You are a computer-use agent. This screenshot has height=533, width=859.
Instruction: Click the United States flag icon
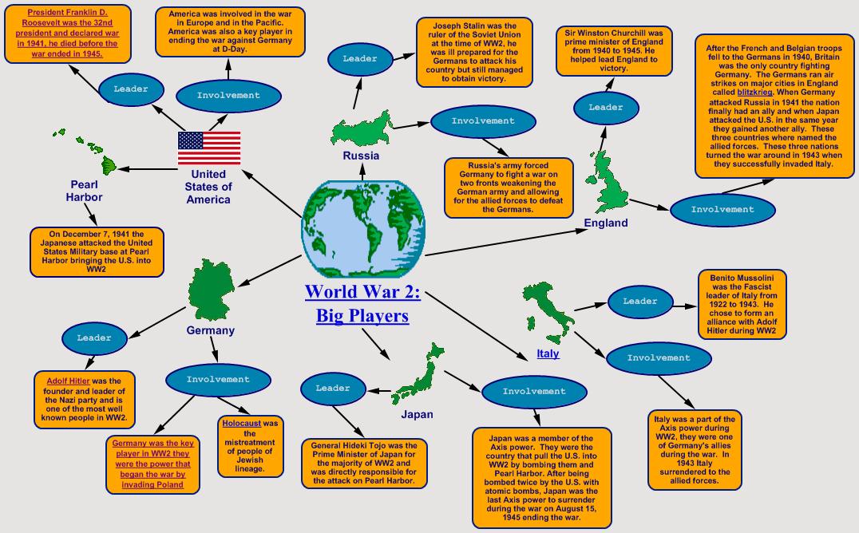[208, 147]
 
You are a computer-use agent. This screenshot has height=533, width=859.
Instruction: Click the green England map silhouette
[608, 182]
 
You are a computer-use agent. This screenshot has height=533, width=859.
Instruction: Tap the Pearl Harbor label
[85, 191]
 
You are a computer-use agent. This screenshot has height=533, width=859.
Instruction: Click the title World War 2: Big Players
[362, 303]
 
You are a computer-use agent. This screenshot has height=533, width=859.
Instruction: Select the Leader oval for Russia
[359, 59]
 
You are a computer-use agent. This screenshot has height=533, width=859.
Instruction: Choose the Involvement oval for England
[722, 210]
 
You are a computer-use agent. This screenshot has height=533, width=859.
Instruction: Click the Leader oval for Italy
[639, 302]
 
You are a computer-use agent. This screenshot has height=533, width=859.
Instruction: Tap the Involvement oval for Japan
[534, 391]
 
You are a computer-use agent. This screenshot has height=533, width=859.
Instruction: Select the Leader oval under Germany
[94, 338]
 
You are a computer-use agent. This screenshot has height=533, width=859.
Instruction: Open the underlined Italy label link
[548, 353]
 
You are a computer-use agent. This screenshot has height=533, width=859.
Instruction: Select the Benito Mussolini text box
[742, 303]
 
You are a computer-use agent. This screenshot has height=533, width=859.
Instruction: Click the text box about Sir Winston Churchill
[615, 51]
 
